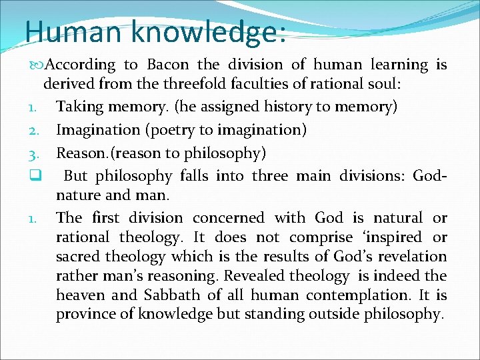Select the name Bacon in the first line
(x=169, y=65)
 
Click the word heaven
(x=81, y=295)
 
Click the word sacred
(x=79, y=256)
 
